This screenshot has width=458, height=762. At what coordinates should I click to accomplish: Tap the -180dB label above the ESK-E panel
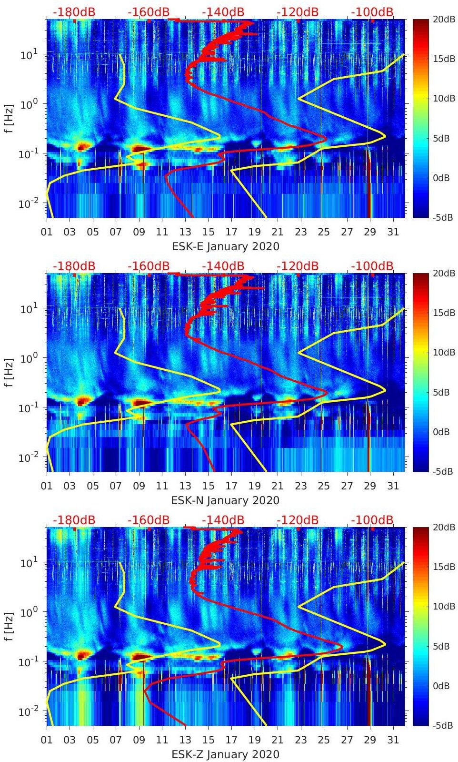click(74, 12)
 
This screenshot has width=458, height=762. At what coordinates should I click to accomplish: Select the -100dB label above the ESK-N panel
click(372, 266)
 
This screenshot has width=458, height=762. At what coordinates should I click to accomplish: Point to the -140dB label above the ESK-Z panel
click(223, 520)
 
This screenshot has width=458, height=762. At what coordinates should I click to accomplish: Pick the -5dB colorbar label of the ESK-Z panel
click(442, 725)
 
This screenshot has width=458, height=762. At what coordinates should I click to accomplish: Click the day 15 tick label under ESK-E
click(208, 232)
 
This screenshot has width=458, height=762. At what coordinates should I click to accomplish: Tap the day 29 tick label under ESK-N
click(370, 486)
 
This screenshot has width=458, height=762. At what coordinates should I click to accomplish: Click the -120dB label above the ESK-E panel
click(298, 12)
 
